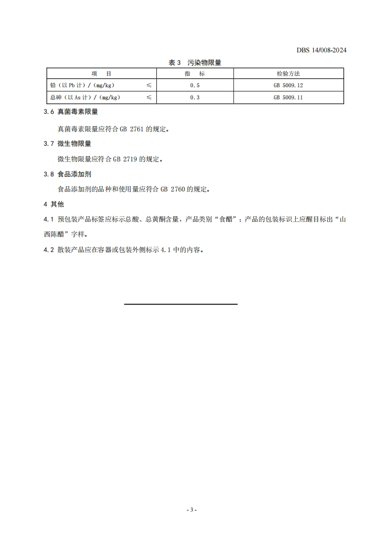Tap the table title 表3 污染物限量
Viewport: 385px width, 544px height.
point(195,63)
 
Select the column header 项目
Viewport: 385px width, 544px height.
point(101,74)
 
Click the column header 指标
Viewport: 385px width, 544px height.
point(195,74)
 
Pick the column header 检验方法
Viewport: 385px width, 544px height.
point(288,74)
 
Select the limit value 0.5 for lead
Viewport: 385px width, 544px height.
point(195,85)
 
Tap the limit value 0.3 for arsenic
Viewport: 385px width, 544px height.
point(195,97)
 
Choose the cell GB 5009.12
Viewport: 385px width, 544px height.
point(288,85)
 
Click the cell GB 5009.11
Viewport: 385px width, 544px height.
point(288,97)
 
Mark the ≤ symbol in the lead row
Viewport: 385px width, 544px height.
point(149,85)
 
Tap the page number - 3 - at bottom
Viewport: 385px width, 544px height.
point(192,510)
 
